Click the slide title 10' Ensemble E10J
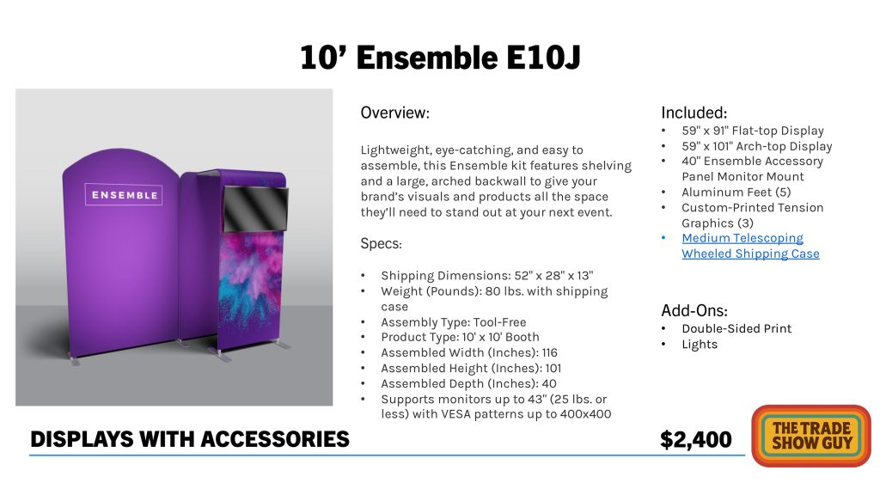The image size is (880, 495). tap(440, 58)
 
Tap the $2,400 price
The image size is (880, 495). tap(696, 439)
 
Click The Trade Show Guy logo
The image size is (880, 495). tap(811, 436)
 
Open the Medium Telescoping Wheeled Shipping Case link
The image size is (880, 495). tap(750, 246)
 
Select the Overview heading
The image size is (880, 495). tap(395, 113)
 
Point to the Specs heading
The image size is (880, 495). tap(381, 244)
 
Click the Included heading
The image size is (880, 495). tap(694, 113)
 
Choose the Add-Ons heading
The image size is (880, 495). tap(694, 310)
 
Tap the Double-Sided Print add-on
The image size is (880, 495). tap(736, 329)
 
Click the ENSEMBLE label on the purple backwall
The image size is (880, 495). tap(124, 195)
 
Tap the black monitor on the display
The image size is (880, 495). tap(256, 209)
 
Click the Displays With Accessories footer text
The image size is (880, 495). tap(190, 439)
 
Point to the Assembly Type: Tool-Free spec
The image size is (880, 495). tap(454, 322)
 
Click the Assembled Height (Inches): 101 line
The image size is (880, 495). tap(471, 368)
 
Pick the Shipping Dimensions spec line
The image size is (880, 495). tap(487, 276)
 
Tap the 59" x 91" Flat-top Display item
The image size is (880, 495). tap(753, 131)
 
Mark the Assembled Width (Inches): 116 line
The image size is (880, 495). tap(469, 352)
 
